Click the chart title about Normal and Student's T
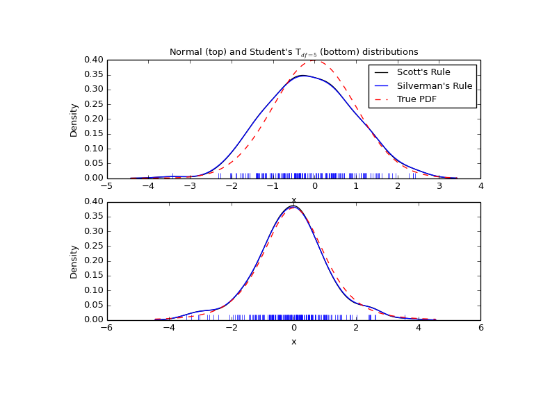click(293, 52)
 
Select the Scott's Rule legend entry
click(423, 72)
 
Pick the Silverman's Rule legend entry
click(434, 86)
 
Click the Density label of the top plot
click(74, 119)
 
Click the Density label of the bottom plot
click(74, 261)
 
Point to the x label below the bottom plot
click(293, 342)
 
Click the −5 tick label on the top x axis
click(107, 186)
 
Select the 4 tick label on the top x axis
click(480, 186)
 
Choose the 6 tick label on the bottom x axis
click(480, 328)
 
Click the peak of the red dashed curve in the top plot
click(314, 60)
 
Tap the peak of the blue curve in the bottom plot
click(293, 206)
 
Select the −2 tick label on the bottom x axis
click(231, 328)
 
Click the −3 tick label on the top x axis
click(189, 186)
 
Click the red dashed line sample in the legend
click(382, 99)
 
